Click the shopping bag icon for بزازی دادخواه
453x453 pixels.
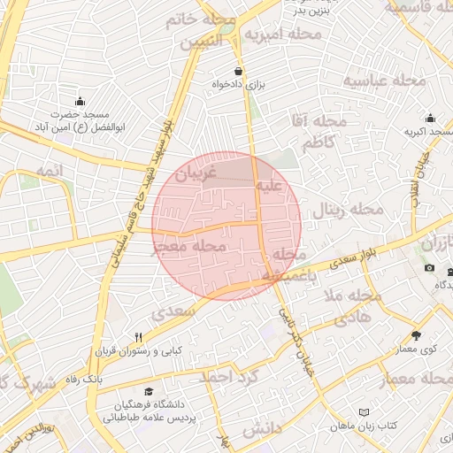click(238, 71)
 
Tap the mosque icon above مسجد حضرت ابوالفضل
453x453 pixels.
click(81, 101)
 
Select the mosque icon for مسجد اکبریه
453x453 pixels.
click(430, 119)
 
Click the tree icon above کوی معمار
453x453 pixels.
click(416, 335)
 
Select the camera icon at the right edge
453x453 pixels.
click(430, 268)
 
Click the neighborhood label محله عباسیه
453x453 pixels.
click(385, 81)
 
